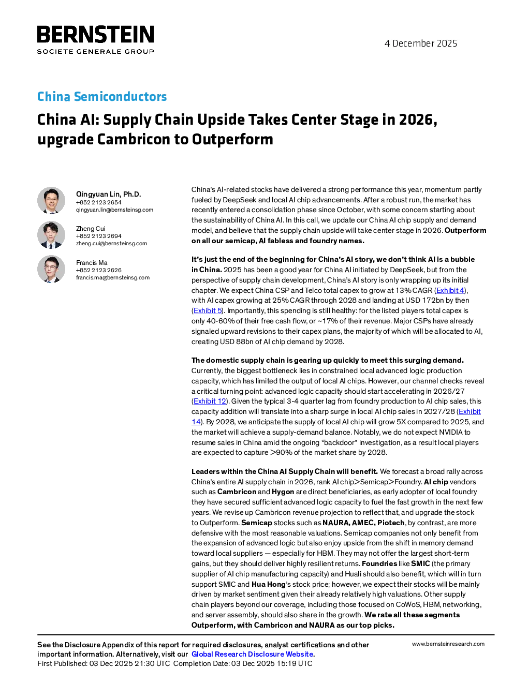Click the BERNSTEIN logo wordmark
click(95, 34)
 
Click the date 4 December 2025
click(421, 43)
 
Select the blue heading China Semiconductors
click(102, 96)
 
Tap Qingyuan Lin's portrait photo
click(51, 201)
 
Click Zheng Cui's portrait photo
click(51, 235)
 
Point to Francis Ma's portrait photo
click(51, 269)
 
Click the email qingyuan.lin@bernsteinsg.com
click(114, 210)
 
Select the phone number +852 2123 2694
click(98, 236)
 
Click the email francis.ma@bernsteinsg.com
click(112, 277)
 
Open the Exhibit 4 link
click(450, 290)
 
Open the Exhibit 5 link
click(208, 310)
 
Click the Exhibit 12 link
click(210, 401)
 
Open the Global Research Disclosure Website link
click(253, 654)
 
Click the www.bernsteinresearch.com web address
click(448, 644)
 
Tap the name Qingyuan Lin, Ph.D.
click(109, 194)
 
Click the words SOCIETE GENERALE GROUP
click(95, 51)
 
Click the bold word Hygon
click(283, 492)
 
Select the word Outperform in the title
click(232, 139)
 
